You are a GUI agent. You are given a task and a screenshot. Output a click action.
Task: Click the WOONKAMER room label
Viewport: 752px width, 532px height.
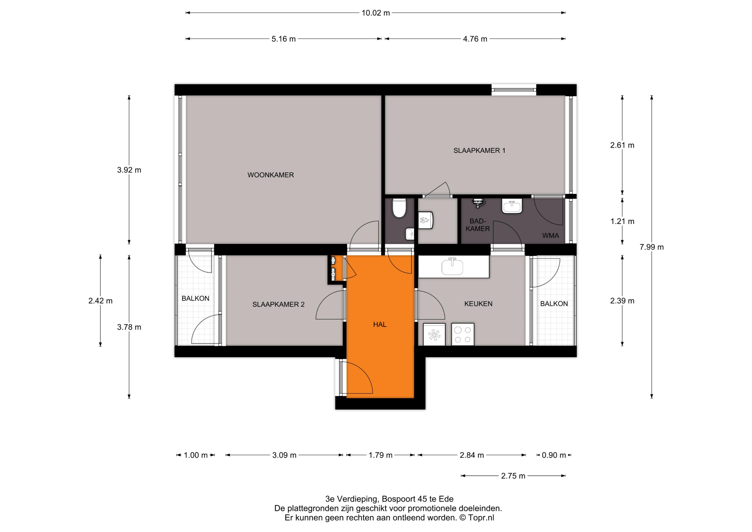tap(271, 175)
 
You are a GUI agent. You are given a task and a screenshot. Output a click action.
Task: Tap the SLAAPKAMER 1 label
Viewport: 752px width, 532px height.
tap(479, 150)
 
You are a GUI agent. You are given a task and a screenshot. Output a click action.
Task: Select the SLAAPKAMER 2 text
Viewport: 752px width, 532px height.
tap(278, 305)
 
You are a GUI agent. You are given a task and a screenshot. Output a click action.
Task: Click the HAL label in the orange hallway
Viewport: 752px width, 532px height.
tap(380, 324)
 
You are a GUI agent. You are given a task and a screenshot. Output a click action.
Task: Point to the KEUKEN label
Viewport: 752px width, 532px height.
tap(478, 304)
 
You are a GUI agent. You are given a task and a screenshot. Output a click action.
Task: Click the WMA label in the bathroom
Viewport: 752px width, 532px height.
tap(550, 235)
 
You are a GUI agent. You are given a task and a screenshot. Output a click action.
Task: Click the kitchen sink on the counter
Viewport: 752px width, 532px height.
tap(452, 266)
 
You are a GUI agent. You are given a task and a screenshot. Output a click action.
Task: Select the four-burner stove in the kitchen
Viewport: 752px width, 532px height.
tap(463, 334)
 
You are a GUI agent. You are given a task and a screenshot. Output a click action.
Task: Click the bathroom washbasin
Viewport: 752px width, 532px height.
tap(512, 207)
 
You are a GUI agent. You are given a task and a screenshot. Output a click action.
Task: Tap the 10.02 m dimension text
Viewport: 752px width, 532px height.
tap(376, 13)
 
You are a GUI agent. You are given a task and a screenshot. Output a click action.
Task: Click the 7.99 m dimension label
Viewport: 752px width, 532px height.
tap(652, 247)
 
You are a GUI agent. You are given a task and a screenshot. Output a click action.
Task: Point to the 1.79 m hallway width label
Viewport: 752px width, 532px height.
tap(380, 455)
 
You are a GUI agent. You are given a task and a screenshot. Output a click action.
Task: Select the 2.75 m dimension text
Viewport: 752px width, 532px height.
tap(513, 476)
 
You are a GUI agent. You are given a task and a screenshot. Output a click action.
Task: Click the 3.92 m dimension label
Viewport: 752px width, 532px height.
tap(129, 170)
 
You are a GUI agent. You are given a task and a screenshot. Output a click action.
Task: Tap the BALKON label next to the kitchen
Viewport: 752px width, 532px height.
tap(554, 304)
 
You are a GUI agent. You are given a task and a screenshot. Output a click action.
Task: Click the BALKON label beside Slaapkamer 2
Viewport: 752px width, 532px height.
tap(196, 298)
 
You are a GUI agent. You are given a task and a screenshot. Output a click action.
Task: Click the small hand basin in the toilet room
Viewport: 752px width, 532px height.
tap(409, 234)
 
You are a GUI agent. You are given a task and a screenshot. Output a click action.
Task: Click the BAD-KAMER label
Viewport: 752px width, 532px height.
tap(478, 225)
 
